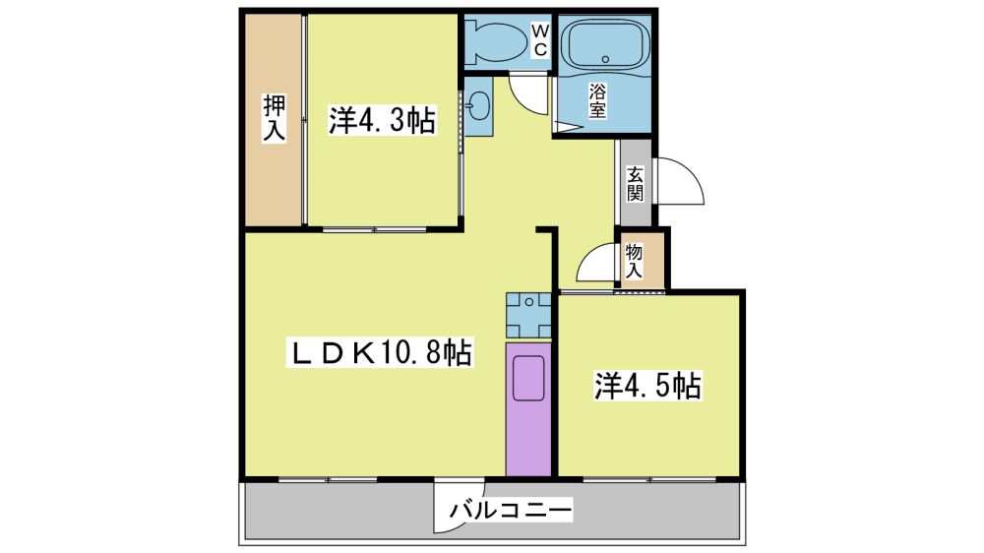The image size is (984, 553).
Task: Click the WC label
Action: coord(539,39)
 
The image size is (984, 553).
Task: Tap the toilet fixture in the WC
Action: coord(497,42)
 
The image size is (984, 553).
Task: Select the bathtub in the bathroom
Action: coord(605,44)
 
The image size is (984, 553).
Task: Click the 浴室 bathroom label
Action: coord(597,101)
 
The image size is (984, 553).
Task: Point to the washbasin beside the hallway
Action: coord(479,105)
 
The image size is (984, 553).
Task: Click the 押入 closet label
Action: coord(274,117)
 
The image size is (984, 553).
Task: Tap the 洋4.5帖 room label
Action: coord(647,386)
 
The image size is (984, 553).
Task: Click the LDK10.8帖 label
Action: coord(380,352)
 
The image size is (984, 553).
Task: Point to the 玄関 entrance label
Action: coord(635,184)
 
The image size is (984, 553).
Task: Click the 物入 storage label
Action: coord(634,261)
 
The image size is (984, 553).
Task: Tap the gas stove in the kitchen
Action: coord(529,315)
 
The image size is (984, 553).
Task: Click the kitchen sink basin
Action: coord(528,379)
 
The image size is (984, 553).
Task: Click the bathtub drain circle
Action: coord(605,60)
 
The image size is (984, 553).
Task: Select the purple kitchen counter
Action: coord(528,409)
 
